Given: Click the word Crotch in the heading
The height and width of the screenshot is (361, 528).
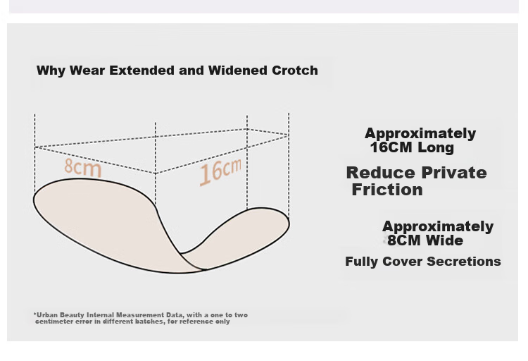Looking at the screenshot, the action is (295, 71).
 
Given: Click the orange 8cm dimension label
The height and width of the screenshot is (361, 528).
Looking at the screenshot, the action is (83, 166).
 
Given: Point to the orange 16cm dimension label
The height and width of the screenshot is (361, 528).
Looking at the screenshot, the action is (220, 171).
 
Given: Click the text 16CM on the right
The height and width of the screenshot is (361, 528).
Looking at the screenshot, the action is (391, 147).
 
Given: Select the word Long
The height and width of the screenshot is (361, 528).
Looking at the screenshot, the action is (436, 147).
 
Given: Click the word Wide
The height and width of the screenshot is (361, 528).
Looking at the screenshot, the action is (444, 240).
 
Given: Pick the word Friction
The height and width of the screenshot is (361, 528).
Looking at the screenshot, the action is (387, 189).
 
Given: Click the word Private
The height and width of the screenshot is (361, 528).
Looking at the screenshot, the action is (454, 173).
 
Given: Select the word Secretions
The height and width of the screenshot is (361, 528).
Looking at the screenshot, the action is (464, 262).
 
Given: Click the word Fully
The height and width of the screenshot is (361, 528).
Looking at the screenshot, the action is (362, 262).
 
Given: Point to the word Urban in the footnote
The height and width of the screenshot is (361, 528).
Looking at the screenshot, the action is (47, 314).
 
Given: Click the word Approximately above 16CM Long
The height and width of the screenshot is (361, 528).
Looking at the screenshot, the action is (420, 133).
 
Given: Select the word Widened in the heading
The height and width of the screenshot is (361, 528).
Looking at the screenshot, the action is (237, 71).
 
